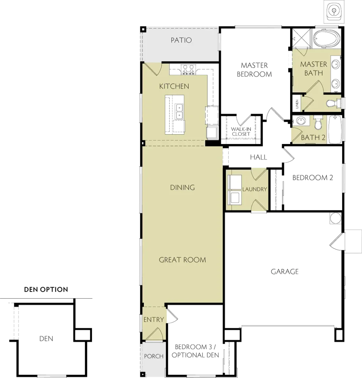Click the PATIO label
(181, 40)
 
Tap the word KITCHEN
(174, 86)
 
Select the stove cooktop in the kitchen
(188, 68)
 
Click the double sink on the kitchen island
(179, 111)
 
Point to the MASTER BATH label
(313, 68)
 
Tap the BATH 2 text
(313, 138)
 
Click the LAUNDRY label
(254, 189)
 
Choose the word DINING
(182, 188)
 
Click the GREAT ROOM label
(182, 260)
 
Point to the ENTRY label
(154, 320)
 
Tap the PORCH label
(154, 356)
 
